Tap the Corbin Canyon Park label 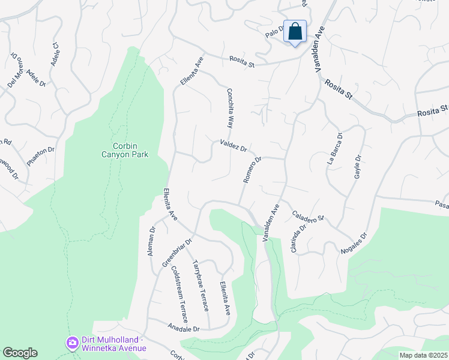(125, 149)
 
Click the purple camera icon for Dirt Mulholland (73, 343)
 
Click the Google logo (20, 353)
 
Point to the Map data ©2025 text (423, 355)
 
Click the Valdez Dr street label (234, 146)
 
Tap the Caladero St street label (308, 215)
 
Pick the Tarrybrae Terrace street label (200, 285)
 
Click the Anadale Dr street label (182, 329)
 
